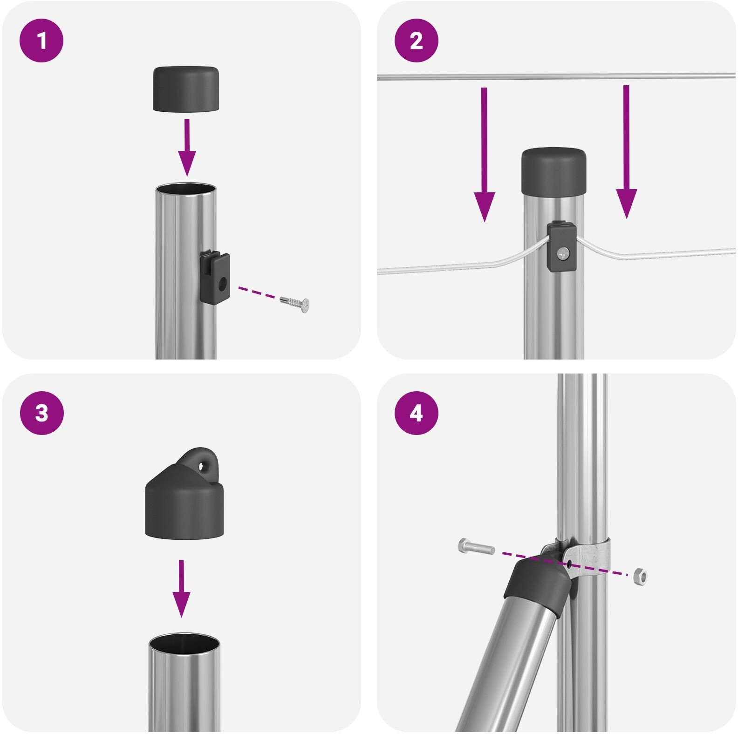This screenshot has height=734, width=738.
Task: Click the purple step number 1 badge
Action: tap(41, 41)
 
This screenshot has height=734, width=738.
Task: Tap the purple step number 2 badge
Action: tap(416, 41)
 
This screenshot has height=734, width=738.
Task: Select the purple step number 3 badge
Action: tap(41, 413)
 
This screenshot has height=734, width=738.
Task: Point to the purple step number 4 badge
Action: tap(416, 413)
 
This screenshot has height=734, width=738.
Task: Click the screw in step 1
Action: tap(295, 303)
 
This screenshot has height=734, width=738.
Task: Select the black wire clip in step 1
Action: tap(215, 277)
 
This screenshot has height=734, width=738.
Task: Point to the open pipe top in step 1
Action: tap(186, 189)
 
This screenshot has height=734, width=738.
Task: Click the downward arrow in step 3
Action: tap(181, 589)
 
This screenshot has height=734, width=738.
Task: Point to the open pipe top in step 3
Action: tap(184, 641)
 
